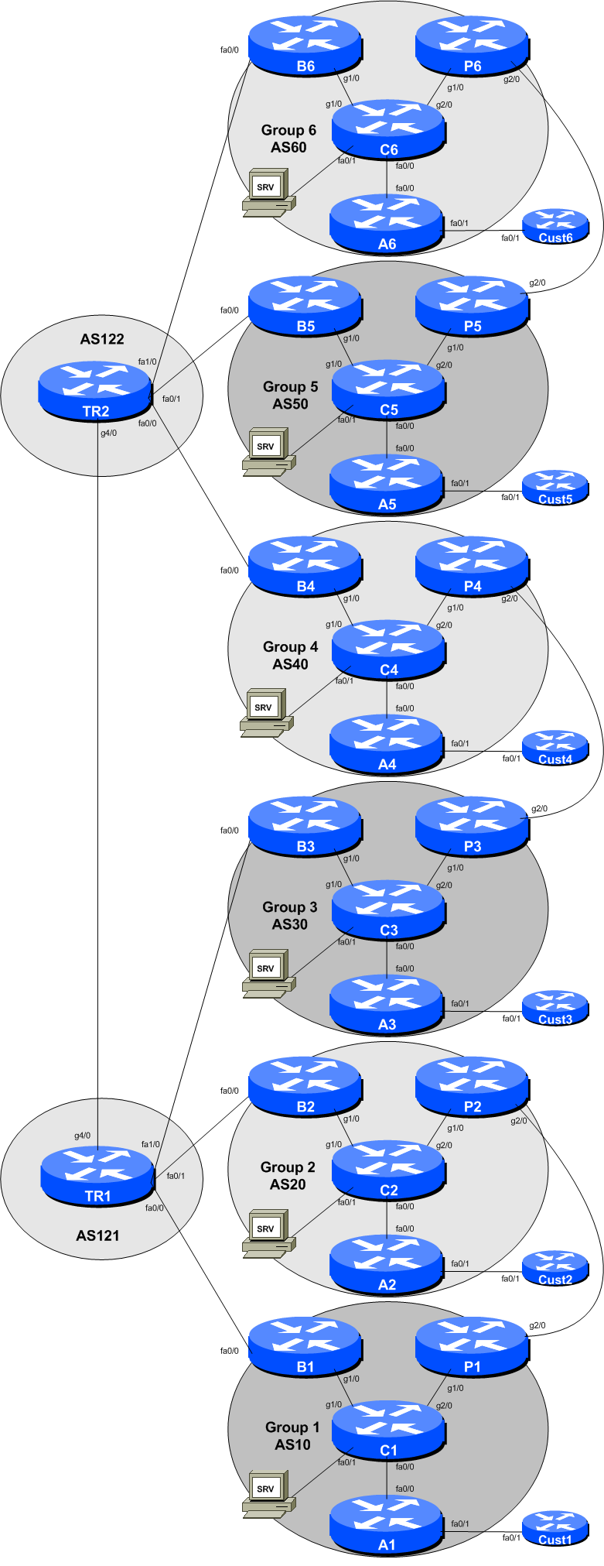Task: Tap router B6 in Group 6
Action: [x=305, y=46]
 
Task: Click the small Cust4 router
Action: [x=555, y=748]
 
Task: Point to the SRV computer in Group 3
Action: [x=268, y=974]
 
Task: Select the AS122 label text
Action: [x=102, y=339]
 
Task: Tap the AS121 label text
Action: [x=97, y=1235]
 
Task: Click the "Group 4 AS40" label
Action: [x=290, y=655]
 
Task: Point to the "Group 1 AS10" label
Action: [x=292, y=1436]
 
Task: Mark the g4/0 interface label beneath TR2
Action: [x=108, y=433]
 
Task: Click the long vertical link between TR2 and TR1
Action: [x=98, y=774]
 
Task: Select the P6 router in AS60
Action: [x=472, y=46]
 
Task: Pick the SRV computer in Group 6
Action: [x=268, y=193]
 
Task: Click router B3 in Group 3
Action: [x=305, y=828]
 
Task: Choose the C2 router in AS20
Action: [x=388, y=1171]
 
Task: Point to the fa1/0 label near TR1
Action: [x=151, y=1144]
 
